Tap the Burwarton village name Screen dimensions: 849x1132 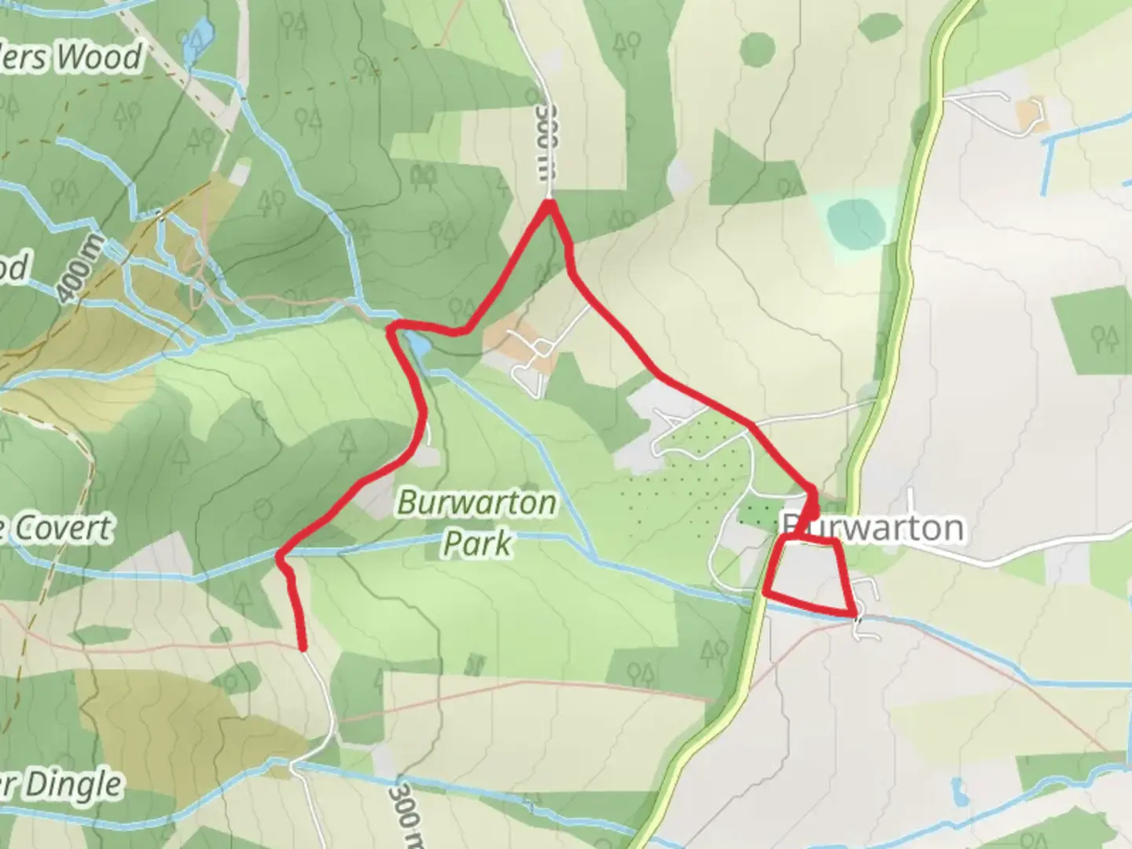click(x=873, y=527)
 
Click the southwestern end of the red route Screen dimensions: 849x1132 click(x=302, y=648)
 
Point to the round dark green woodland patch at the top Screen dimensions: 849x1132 click(x=757, y=50)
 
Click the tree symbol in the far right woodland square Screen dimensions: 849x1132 click(x=1104, y=338)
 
